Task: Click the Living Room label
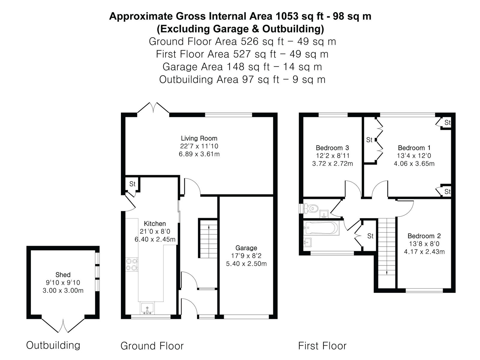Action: [199, 138]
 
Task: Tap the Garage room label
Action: [246, 248]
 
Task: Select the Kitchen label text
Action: [155, 223]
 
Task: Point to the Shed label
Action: [63, 275]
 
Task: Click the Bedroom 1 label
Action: [414, 148]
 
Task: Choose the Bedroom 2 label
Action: [424, 236]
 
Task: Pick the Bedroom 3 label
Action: [332, 148]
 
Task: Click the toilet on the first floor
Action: [309, 208]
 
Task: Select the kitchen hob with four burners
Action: [132, 264]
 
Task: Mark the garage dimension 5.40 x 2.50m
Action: [246, 264]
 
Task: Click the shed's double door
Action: [63, 326]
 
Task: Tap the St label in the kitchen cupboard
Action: [132, 184]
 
